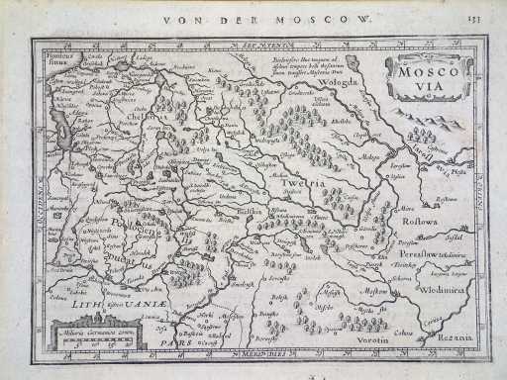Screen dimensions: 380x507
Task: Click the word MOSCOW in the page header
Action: click(x=333, y=18)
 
